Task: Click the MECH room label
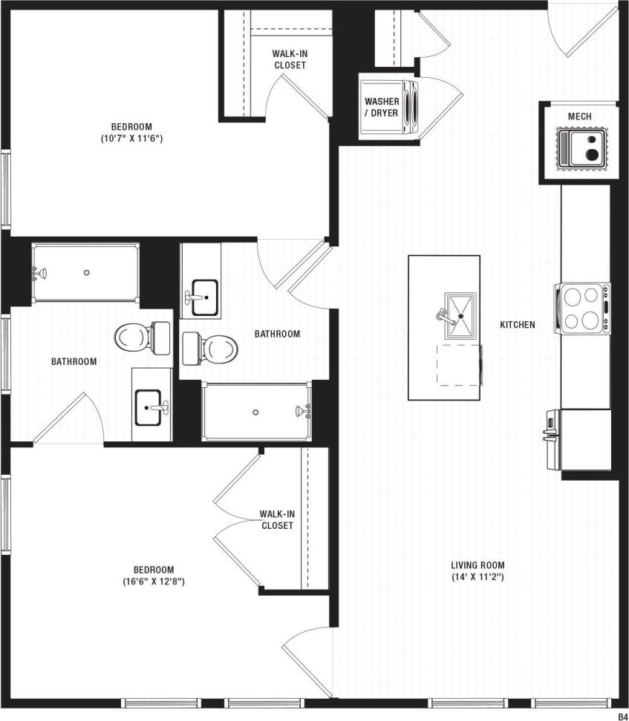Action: (x=579, y=116)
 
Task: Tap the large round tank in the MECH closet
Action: (x=593, y=154)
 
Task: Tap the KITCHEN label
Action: (x=517, y=325)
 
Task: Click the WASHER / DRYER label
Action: (x=382, y=107)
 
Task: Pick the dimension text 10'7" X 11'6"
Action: (x=131, y=138)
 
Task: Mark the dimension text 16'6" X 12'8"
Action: (x=154, y=582)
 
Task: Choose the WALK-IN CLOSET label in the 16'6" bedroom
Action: (x=277, y=519)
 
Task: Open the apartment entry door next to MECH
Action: (x=583, y=30)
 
